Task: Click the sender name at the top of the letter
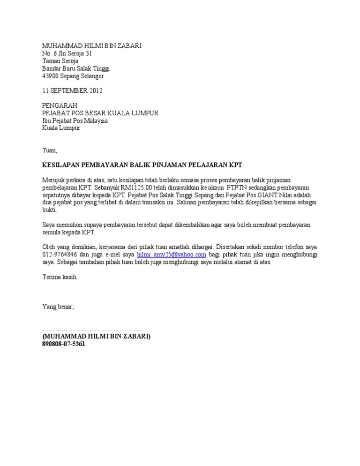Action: pos(91,45)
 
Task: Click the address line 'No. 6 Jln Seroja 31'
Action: pos(67,53)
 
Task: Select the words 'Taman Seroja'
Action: pos(60,61)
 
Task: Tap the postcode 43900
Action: pos(50,76)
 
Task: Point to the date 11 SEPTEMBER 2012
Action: pos(72,90)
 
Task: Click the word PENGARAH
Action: pos(60,105)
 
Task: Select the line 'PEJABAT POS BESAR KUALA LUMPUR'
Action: pos(100,113)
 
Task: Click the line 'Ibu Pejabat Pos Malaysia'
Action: pos(75,120)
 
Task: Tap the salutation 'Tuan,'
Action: pos(50,150)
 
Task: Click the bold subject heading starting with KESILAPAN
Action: pos(142,165)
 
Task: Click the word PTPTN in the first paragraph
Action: pos(237,188)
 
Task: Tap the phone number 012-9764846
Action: pos(60,255)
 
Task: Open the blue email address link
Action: pos(172,255)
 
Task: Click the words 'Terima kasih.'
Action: pos(60,277)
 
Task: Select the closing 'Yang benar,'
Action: pos(58,307)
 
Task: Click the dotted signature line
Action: pos(92,330)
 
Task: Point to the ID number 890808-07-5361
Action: pos(64,344)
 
